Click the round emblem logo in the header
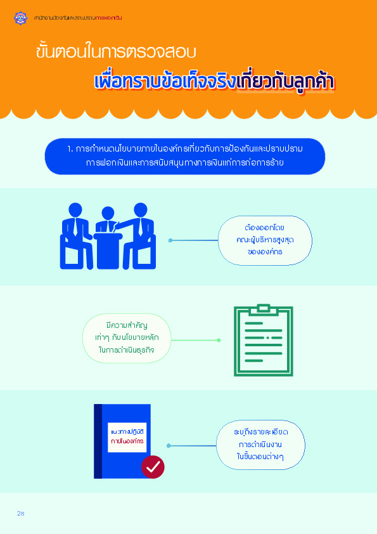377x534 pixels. pos(20,18)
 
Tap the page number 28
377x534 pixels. pos(20,513)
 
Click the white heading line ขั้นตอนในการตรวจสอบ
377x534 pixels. pos(116,51)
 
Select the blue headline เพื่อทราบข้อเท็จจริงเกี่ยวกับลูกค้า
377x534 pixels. pos(214,82)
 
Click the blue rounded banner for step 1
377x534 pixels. pos(185,156)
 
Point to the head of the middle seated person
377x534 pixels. pos(108,213)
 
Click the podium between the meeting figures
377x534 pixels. pos(108,251)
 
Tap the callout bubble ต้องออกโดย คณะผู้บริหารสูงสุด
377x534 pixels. pos(265,240)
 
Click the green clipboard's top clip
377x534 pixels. pos(264,309)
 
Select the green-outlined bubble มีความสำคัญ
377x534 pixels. pos(127,338)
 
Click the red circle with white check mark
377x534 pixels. pos(153,467)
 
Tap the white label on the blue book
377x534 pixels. pos(127,437)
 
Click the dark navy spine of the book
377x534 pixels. pos(98,441)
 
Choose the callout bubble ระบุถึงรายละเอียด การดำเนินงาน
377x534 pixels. pos(260,445)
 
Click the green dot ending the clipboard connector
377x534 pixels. pos(219,340)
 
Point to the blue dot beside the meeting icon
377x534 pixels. pos(170,240)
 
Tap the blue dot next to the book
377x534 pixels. pos(169,445)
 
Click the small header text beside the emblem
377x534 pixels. pos(78,18)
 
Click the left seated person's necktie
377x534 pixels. pos(75,227)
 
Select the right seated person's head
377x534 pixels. pos(140,210)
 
